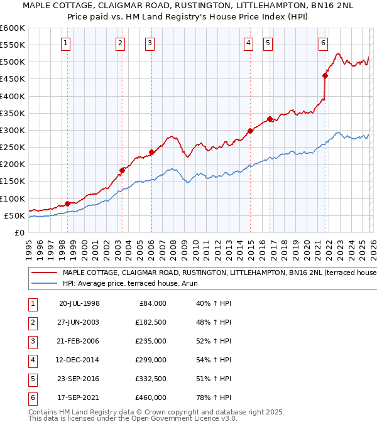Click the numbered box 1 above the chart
point(67,43)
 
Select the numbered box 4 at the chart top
point(249,43)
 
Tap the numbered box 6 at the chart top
point(323,43)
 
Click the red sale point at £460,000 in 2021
point(325,76)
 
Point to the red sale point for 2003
point(123,170)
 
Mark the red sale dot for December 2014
point(250,131)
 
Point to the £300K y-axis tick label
point(13,130)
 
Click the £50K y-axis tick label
point(14,215)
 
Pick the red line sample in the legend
point(44,273)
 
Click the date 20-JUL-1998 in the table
point(79,303)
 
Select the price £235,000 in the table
point(151,341)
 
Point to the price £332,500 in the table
point(151,379)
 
